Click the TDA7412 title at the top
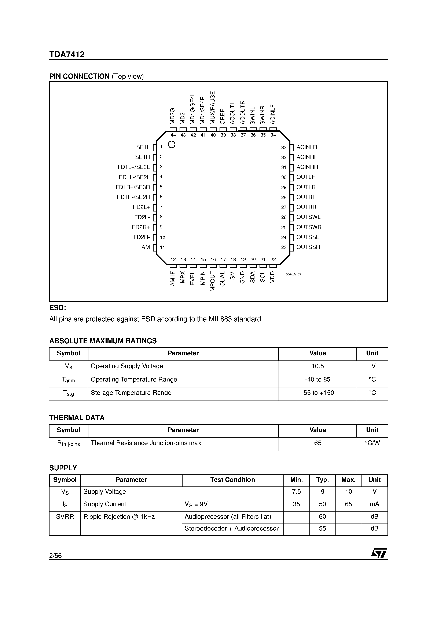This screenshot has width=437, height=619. (67, 54)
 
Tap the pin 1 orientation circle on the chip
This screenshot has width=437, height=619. (172, 145)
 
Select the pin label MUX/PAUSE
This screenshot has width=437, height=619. (213, 108)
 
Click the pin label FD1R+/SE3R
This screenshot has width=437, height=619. (133, 187)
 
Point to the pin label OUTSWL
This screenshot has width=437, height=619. (308, 217)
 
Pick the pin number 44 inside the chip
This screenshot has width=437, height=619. (173, 135)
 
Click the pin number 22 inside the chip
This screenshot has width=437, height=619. (273, 259)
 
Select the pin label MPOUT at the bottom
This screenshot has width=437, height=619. (213, 282)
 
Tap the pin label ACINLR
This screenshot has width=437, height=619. (307, 147)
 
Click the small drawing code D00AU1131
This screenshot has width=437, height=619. (293, 274)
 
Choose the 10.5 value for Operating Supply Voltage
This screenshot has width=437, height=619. (318, 366)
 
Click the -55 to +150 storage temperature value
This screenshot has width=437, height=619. (318, 393)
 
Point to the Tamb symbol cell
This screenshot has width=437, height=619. (69, 380)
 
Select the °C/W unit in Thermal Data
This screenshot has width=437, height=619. (372, 443)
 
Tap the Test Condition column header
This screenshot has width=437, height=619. (232, 480)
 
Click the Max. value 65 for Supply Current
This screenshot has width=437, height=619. (348, 504)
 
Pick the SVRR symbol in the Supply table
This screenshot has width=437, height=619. (65, 517)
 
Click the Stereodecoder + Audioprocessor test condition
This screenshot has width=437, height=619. (231, 528)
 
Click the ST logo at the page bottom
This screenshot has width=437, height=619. (379, 553)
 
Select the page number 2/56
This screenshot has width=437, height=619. (55, 556)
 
